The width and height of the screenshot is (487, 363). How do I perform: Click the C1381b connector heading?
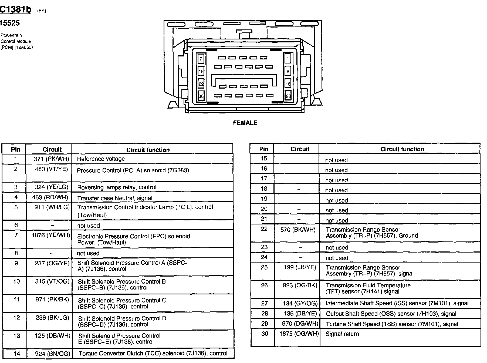click(15, 9)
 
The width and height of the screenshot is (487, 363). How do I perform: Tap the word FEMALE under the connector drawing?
click(245, 123)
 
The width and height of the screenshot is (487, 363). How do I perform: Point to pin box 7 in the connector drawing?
click(201, 59)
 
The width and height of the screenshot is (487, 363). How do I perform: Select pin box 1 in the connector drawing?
click(288, 59)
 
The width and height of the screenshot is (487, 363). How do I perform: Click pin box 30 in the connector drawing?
click(201, 96)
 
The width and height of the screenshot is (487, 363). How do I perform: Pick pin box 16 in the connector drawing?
click(288, 84)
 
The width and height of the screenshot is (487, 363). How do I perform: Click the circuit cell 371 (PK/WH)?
click(51, 159)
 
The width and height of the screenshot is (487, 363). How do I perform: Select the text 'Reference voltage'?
click(101, 159)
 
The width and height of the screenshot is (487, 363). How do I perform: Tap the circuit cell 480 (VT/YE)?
click(51, 169)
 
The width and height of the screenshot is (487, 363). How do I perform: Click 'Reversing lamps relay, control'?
click(117, 187)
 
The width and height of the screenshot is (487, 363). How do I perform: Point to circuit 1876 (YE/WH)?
click(51, 235)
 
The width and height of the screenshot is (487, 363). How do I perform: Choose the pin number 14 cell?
click(17, 353)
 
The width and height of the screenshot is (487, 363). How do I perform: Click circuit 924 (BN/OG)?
click(52, 353)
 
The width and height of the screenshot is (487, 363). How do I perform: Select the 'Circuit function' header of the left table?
click(148, 150)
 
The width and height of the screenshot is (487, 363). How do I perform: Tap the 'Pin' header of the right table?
click(264, 149)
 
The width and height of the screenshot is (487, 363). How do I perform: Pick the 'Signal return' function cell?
click(342, 334)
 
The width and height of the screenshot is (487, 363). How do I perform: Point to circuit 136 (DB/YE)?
click(300, 314)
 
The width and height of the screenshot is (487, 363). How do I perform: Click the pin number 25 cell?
click(264, 267)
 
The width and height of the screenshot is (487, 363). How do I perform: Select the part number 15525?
click(10, 23)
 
